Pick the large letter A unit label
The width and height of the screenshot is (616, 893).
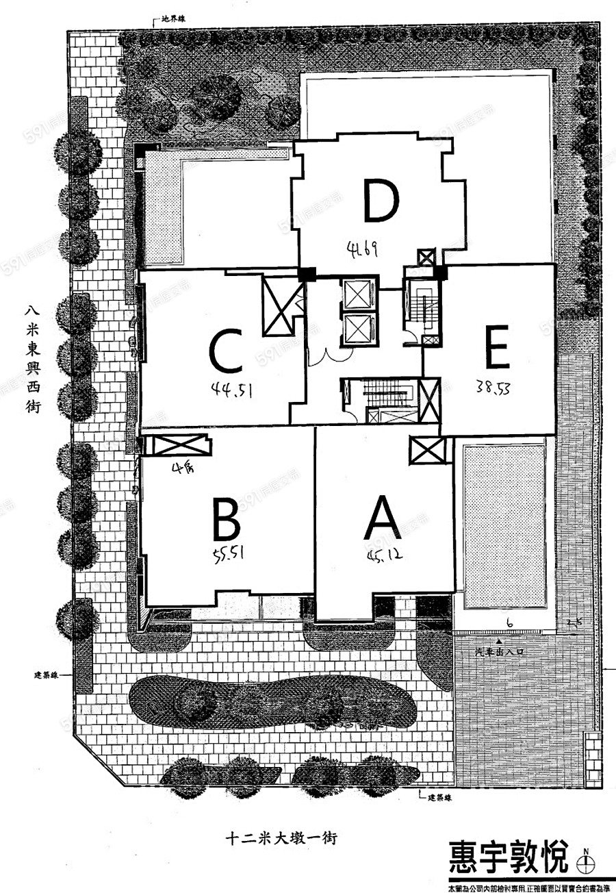383,518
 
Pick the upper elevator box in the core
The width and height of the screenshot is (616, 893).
358,294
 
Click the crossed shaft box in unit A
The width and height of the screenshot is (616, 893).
426,450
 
